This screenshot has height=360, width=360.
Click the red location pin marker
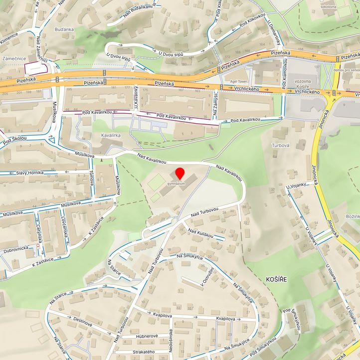tap(180, 174)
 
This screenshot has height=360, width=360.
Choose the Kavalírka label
tap(112, 135)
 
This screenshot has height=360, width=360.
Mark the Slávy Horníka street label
tap(29, 173)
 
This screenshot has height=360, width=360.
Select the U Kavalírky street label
tap(136, 97)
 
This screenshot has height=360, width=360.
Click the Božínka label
tap(352, 217)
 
